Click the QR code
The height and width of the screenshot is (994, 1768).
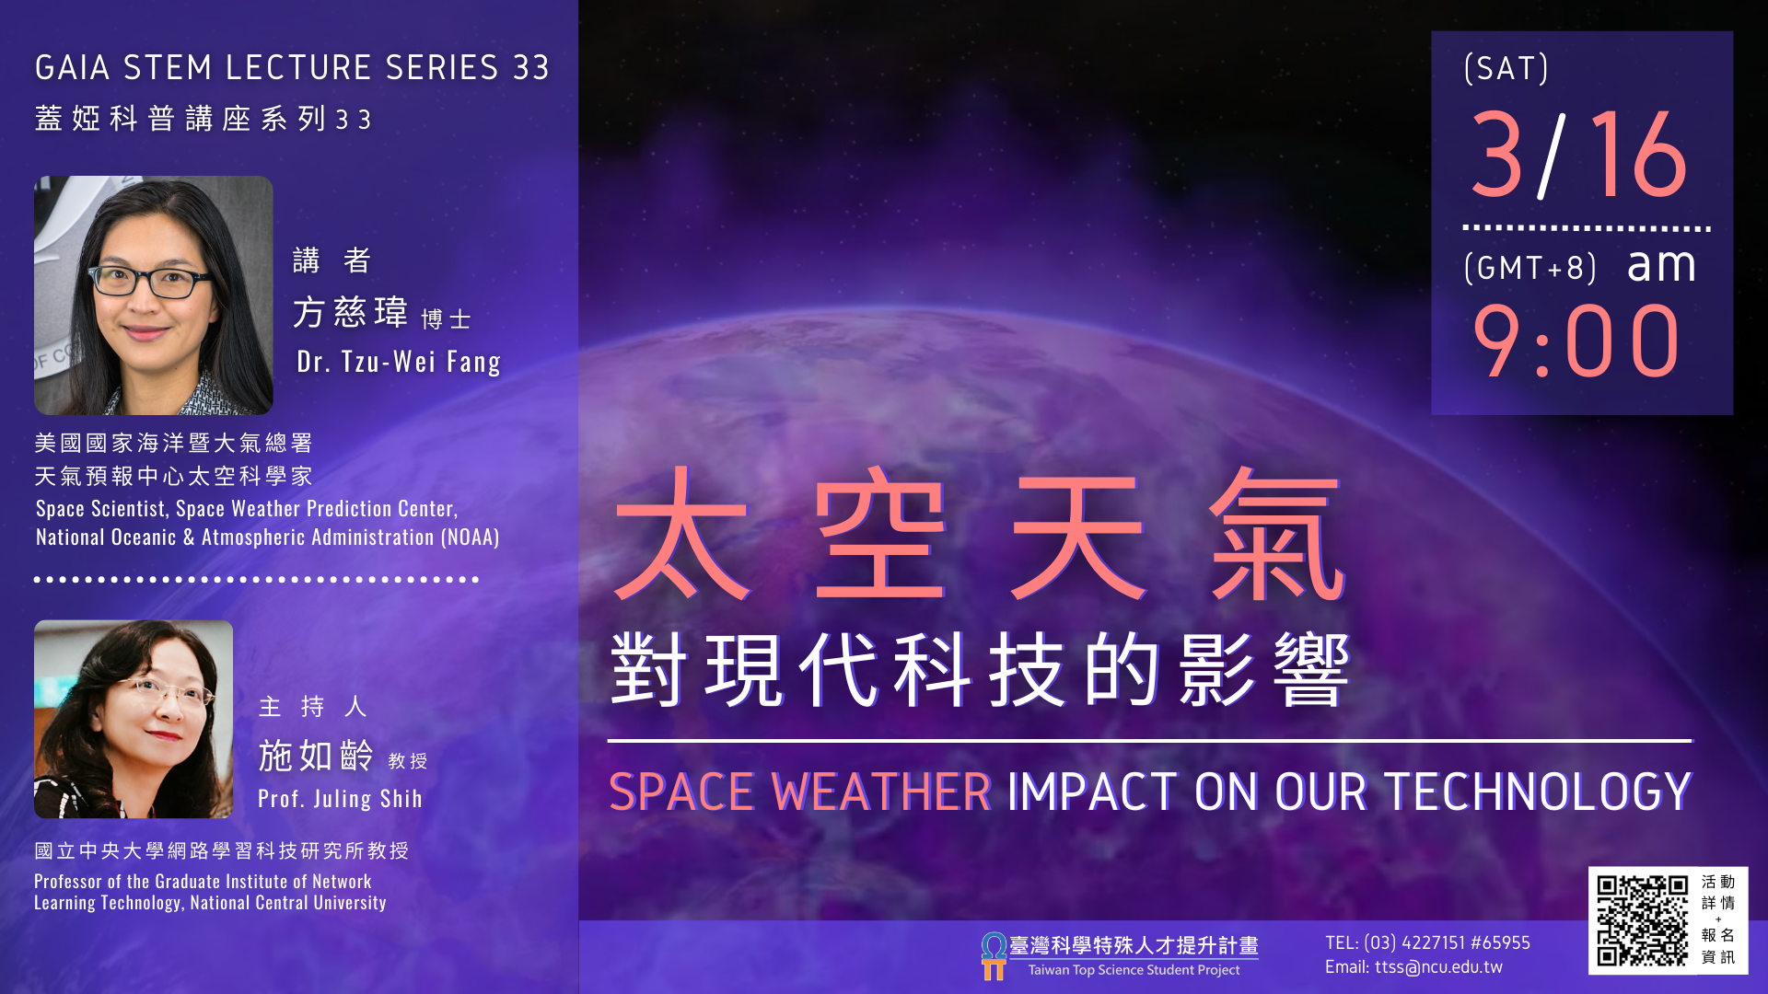1642,920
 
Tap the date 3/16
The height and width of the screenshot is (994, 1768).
1579,155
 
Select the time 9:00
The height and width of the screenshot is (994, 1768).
1576,341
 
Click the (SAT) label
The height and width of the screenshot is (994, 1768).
1506,68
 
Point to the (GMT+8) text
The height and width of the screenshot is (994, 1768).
1530,268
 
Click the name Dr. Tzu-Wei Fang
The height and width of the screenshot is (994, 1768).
399,362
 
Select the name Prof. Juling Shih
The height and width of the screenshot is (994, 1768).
340,799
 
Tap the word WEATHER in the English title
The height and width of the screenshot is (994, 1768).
881,792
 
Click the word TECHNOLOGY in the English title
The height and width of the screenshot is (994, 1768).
1538,792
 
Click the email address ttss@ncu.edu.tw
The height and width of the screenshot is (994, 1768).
1438,967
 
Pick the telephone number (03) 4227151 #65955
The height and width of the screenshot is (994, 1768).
1447,942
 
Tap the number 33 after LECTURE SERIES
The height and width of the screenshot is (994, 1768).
531,67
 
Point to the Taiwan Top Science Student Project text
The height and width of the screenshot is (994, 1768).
1134,970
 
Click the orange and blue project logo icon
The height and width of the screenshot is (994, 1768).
994,956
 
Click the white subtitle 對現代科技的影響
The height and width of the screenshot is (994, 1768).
980,669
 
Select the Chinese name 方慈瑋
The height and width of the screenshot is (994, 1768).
351,313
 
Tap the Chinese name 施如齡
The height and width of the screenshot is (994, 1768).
316,756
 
